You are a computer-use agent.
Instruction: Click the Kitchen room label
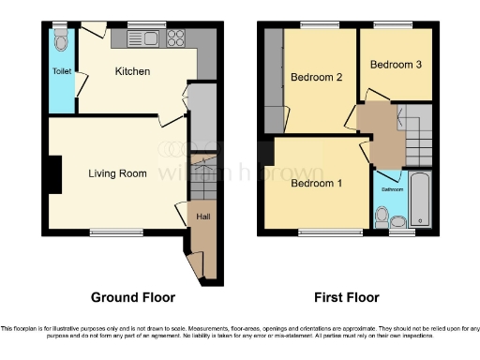coord(133,71)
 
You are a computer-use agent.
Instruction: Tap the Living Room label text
coord(118,173)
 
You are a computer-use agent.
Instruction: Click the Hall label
coord(202,217)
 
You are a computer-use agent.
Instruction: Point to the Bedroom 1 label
coord(315,184)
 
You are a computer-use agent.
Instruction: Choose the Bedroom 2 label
coord(316,77)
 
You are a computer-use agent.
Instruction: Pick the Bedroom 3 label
coord(395,65)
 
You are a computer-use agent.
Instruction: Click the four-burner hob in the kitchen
coord(175,38)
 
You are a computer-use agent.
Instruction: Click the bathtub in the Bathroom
coord(419,199)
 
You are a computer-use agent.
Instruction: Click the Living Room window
coord(110,232)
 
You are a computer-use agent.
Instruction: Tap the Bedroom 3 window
coord(395,23)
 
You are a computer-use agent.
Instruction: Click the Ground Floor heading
coord(132,297)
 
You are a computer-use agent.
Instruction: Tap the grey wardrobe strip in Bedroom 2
coord(274,81)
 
